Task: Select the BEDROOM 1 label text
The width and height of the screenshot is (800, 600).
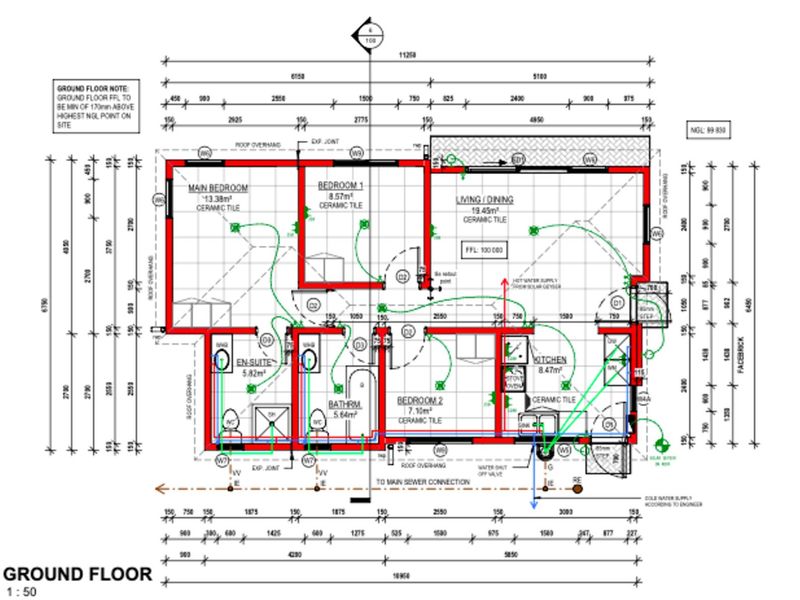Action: pos(340,187)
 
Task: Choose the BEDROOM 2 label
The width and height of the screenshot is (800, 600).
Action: pos(421,399)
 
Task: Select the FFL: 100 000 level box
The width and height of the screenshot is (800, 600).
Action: pos(484,249)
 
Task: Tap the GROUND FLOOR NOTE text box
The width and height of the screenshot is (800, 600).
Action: pos(97,103)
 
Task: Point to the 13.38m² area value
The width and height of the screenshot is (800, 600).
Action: pos(213,198)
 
